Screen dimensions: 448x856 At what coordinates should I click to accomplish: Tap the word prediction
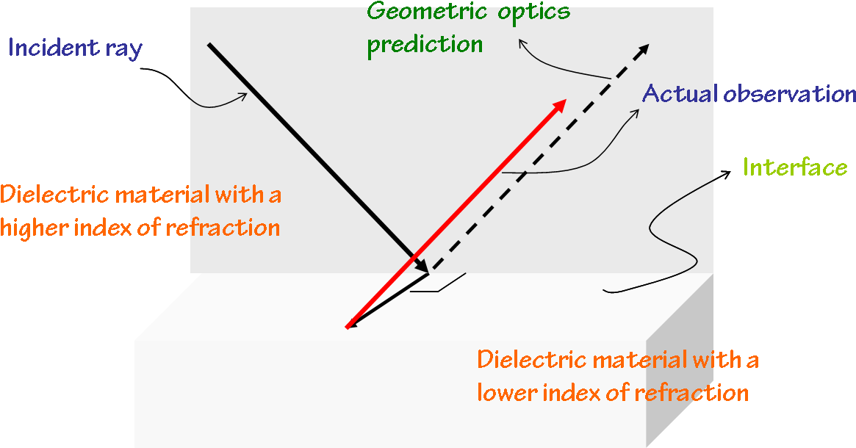(x=425, y=44)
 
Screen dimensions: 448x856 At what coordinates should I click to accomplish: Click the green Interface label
(x=795, y=167)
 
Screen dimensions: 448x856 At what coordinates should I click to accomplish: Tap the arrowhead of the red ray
(x=559, y=105)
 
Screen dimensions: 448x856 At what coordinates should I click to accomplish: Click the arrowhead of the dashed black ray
(x=643, y=50)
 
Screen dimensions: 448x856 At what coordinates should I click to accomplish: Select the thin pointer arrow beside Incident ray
(x=220, y=103)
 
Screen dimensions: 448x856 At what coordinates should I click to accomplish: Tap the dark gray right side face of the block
(x=679, y=360)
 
